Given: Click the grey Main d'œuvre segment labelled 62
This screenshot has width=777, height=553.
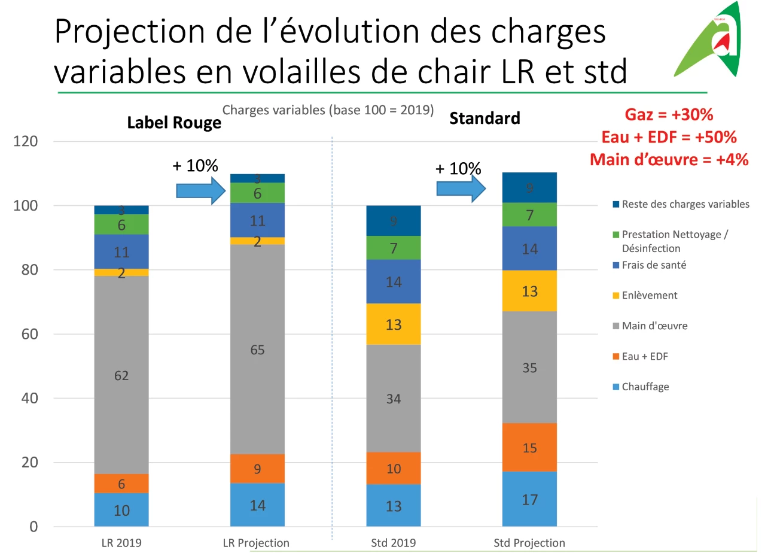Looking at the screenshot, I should click(121, 375).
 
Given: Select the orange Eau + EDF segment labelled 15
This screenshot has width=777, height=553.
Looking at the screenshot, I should click(529, 447).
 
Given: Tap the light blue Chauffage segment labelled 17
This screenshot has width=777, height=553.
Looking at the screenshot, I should click(529, 499).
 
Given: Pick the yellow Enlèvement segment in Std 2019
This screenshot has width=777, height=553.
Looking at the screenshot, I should click(393, 324).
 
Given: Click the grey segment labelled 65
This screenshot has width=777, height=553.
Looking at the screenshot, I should click(257, 350).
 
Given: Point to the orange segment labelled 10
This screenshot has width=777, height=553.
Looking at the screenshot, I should click(393, 468).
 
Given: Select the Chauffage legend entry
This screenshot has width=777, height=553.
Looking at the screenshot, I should click(645, 387).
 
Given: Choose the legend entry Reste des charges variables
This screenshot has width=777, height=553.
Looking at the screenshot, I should click(684, 204).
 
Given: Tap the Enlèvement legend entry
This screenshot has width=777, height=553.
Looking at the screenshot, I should click(649, 295).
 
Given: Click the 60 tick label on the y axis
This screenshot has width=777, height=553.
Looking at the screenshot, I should click(29, 334).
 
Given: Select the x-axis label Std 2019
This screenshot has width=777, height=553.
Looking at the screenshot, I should click(393, 543).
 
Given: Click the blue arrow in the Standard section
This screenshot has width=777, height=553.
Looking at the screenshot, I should click(460, 189).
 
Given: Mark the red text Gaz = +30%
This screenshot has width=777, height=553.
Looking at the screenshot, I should click(669, 115).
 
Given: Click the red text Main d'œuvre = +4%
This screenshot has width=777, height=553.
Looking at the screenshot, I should click(669, 160).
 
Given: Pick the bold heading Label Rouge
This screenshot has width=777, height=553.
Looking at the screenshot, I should click(174, 123).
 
